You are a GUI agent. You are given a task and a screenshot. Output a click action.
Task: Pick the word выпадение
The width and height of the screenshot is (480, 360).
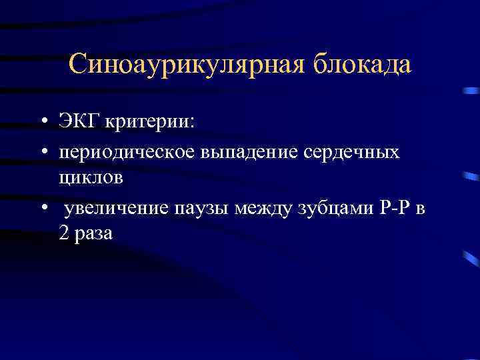(x=247, y=152)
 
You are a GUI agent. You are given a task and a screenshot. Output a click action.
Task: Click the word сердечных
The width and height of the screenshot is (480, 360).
(x=353, y=152)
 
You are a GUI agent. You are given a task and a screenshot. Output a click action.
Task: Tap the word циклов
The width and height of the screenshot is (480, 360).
(x=89, y=177)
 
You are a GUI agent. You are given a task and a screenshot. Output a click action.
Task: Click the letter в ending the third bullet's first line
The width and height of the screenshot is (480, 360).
(x=419, y=209)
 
